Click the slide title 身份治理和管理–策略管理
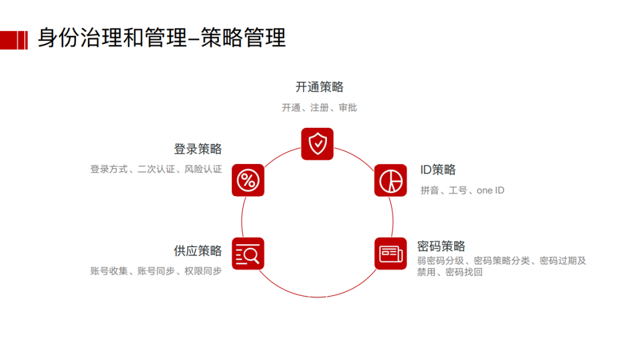click(162, 38)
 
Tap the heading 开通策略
click(319, 87)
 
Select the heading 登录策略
click(197, 149)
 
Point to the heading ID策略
click(438, 170)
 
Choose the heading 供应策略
click(197, 251)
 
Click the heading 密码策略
click(441, 247)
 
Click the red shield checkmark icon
click(317, 144)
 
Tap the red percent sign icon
click(248, 180)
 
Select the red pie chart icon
click(391, 180)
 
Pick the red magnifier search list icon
click(248, 254)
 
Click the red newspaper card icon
click(391, 254)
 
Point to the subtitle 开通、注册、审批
click(319, 108)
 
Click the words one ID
click(490, 190)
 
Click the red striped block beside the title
click(14, 40)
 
